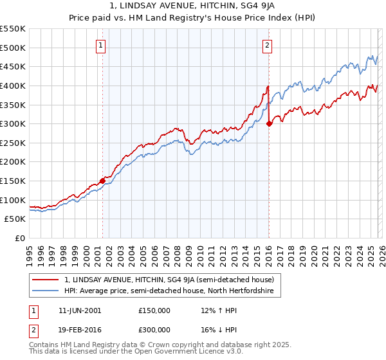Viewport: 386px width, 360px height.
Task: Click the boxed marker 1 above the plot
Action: click(102, 45)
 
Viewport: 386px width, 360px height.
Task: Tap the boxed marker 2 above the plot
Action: click(267, 45)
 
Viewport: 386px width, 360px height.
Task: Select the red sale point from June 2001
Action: click(102, 181)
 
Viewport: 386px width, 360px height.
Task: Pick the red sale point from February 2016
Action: click(269, 124)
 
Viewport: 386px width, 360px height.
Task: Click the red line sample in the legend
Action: click(46, 280)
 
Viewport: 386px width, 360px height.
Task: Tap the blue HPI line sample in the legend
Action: click(46, 291)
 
